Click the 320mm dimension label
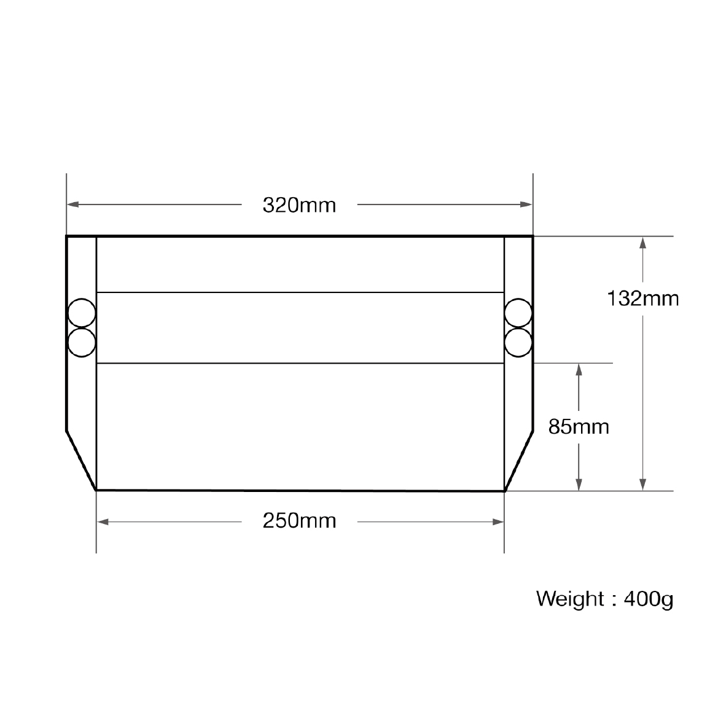299,205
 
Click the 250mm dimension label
299,521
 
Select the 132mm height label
642,299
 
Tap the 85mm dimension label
579,426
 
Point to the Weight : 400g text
604,599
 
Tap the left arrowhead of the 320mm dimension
72,204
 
